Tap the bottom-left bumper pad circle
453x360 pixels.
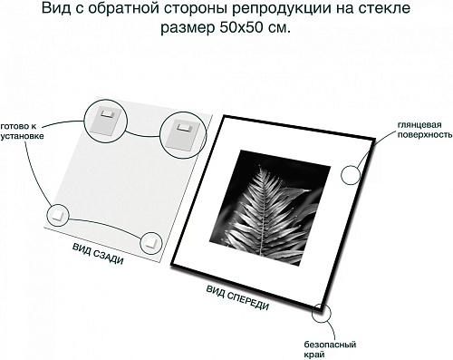[x=58, y=215]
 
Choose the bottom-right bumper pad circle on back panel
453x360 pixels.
[x=151, y=242]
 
